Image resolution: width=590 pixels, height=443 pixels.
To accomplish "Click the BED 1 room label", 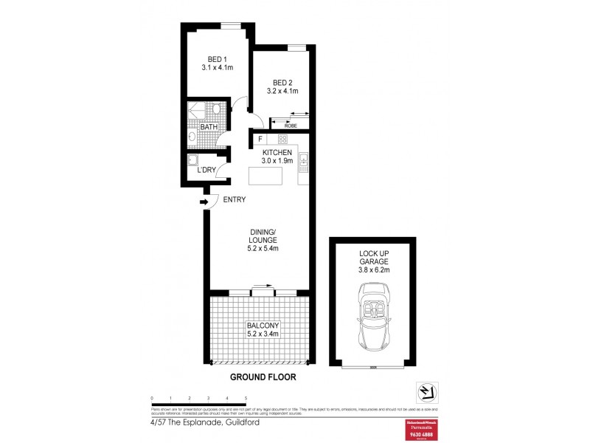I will [x=217, y=59].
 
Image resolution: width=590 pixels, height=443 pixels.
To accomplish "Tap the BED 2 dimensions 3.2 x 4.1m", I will [x=282, y=92].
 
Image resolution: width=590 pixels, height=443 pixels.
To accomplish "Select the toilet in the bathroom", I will [x=216, y=109].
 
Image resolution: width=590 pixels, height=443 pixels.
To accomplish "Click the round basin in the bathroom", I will [x=192, y=137].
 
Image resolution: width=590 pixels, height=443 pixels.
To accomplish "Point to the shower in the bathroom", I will [x=197, y=110].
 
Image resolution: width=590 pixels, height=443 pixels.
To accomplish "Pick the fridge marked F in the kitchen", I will [x=260, y=139].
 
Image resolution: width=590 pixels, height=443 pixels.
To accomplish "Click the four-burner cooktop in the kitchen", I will [x=282, y=139].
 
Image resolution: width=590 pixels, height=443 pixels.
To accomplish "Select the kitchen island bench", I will [x=265, y=176].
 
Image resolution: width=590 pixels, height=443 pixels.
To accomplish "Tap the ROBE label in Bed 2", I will [x=291, y=125].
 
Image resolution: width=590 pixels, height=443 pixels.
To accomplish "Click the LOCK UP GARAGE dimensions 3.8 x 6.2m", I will [x=374, y=270].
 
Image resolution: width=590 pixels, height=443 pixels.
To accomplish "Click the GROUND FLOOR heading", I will [x=263, y=377].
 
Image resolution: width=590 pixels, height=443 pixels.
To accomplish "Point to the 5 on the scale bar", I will [x=246, y=398].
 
